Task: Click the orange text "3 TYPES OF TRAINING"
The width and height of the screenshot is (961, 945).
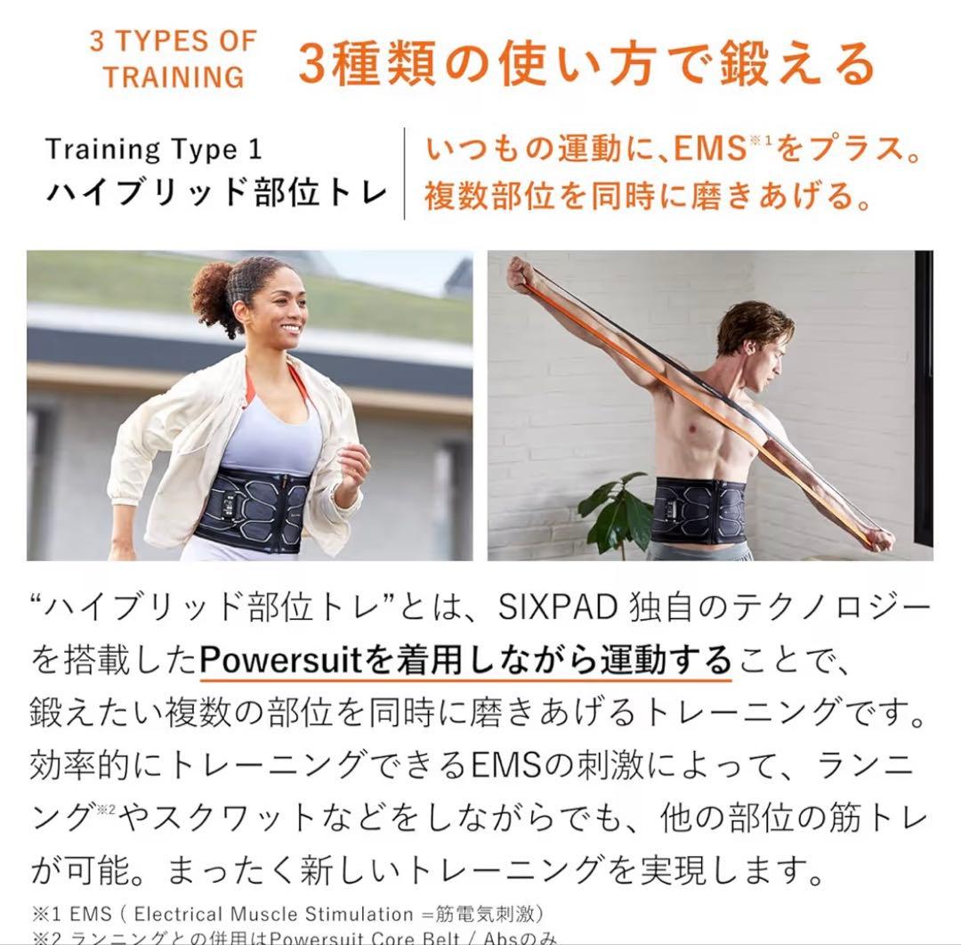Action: tap(173, 59)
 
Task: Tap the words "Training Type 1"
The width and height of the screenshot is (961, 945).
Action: tap(154, 149)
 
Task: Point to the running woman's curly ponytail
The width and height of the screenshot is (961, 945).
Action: tap(212, 294)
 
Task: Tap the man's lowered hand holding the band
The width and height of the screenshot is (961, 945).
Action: tap(878, 537)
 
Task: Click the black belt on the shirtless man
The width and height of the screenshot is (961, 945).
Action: tap(698, 509)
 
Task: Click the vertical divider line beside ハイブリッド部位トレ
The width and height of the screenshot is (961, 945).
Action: tap(405, 173)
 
